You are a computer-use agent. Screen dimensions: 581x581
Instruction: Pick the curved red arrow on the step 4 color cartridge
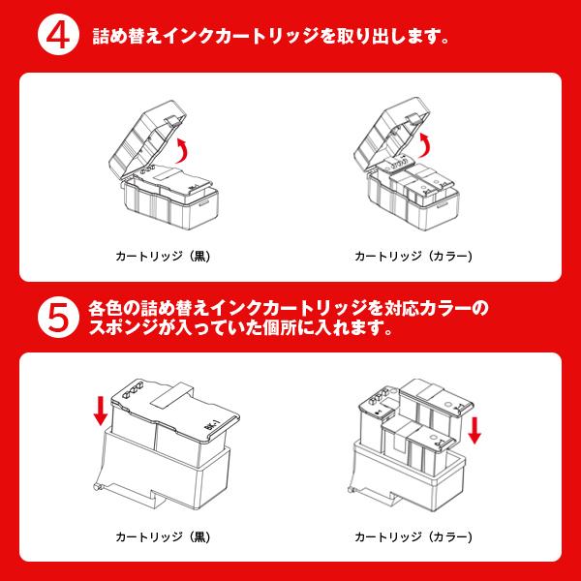click(430, 146)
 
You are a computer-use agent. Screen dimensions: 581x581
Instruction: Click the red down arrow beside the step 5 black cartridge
click(99, 411)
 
